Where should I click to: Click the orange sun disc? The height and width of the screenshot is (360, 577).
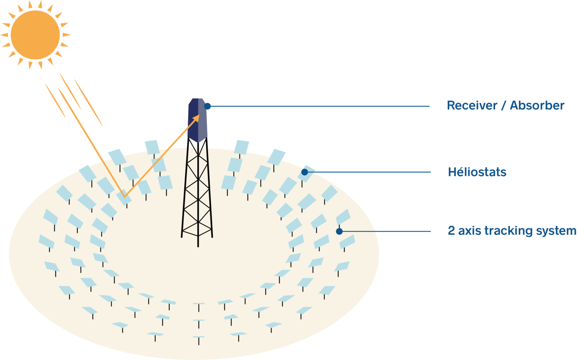point(35,35)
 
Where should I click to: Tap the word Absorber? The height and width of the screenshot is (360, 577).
point(537,105)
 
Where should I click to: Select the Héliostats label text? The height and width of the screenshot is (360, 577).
point(477,172)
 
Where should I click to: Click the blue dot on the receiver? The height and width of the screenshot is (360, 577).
point(207,106)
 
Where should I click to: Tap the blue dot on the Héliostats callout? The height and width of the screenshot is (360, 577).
point(305,172)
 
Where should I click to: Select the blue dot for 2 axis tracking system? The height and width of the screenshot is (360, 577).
point(339,231)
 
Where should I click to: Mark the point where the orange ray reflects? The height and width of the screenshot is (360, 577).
point(124,196)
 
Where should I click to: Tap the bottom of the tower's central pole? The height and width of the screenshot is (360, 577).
point(198,246)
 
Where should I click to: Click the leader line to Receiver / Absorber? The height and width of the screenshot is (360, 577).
point(319,106)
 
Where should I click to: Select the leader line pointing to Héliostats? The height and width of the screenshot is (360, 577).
point(372,172)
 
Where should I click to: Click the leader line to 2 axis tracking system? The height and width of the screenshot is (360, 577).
point(387,231)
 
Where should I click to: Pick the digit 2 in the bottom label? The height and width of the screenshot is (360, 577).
point(451,230)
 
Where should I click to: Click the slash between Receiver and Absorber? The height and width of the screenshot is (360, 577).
point(503,105)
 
